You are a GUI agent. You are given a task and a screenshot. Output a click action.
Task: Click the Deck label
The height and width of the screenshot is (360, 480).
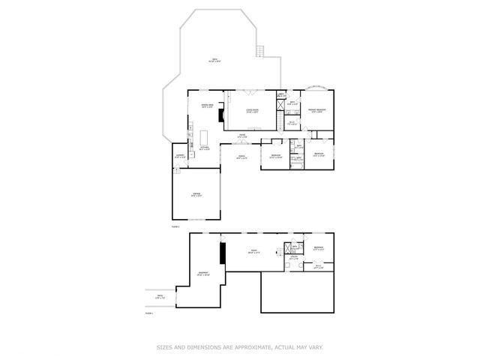[214, 60]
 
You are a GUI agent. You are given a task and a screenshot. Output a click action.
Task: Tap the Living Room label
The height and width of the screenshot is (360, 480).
[253, 111]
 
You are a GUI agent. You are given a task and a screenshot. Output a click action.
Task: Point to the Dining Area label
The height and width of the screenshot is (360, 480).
[207, 106]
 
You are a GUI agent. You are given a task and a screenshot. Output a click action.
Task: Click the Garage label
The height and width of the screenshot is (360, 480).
[196, 194]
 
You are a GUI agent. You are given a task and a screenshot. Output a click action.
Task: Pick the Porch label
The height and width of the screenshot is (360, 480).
[242, 157]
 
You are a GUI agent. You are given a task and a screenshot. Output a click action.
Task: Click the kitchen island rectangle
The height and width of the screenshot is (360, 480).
[204, 137]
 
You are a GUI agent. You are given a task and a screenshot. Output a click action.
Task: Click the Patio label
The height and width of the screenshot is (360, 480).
[159, 298]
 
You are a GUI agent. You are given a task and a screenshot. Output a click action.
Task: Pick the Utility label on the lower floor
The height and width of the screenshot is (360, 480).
[293, 259]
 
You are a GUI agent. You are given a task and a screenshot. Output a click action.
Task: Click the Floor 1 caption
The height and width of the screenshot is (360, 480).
[148, 313]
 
